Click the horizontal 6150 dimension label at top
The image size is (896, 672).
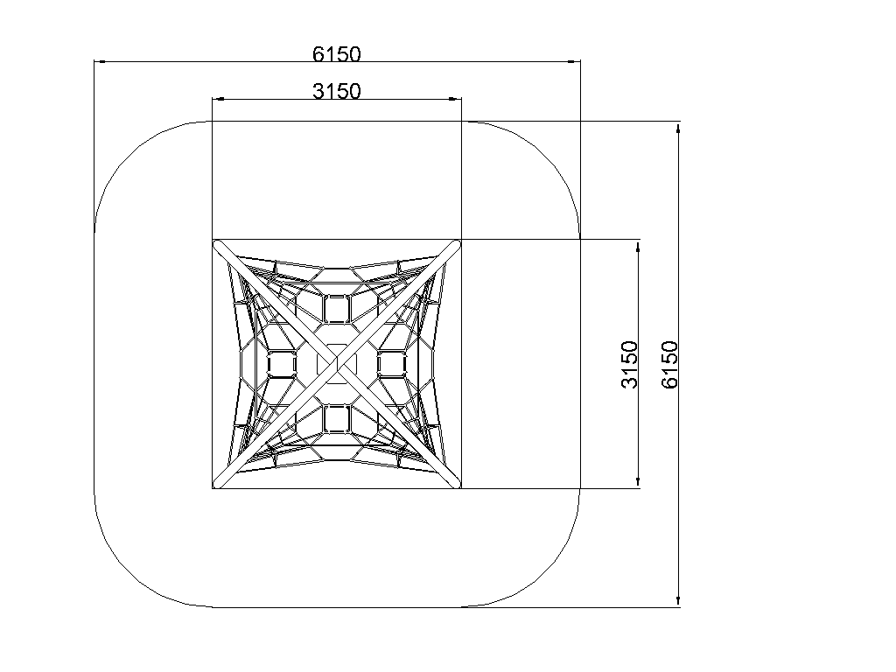[337, 53]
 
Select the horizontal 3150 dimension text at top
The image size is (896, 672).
[337, 91]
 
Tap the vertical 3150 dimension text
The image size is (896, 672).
[629, 364]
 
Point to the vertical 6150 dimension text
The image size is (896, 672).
[669, 365]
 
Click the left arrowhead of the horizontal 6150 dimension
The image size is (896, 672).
[101, 61]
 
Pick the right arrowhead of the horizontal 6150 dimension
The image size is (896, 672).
[574, 61]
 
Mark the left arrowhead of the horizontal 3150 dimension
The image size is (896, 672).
[219, 99]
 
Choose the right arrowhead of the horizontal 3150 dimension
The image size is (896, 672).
[455, 99]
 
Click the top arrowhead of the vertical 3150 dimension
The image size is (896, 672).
[638, 247]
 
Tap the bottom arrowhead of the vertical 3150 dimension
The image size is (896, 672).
[638, 482]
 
